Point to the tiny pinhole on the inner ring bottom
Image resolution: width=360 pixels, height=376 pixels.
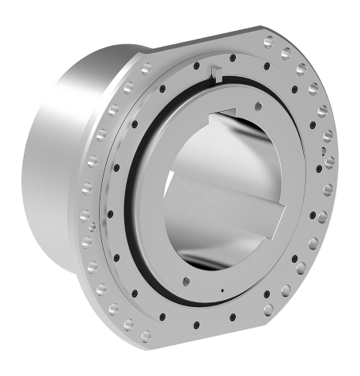224,291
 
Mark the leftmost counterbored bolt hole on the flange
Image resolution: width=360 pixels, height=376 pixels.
87,189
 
